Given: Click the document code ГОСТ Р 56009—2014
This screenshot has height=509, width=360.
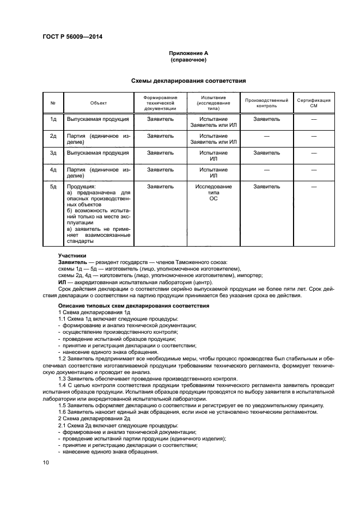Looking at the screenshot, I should [72, 38].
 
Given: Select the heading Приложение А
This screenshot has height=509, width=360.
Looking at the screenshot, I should [188, 53].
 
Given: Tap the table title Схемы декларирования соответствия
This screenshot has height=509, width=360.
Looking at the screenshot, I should [188, 81].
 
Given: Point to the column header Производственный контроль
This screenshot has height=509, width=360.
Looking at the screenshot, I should [267, 102].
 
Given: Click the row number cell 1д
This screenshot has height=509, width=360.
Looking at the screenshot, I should [53, 118].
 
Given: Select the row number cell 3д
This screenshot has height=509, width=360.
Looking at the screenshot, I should [53, 153].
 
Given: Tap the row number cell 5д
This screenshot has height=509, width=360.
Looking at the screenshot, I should [53, 187].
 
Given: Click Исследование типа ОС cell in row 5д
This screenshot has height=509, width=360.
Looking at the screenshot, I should [213, 193].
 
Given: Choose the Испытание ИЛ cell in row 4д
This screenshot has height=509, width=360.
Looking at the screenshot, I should [213, 173].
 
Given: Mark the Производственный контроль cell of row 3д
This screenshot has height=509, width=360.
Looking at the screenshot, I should [267, 153].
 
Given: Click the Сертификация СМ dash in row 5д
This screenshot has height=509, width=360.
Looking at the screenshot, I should [314, 187].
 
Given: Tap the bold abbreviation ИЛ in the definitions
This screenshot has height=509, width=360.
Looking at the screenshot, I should [62, 282].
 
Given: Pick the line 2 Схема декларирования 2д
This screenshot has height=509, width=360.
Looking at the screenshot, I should [94, 418].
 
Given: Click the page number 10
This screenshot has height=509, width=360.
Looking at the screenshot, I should [46, 462].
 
